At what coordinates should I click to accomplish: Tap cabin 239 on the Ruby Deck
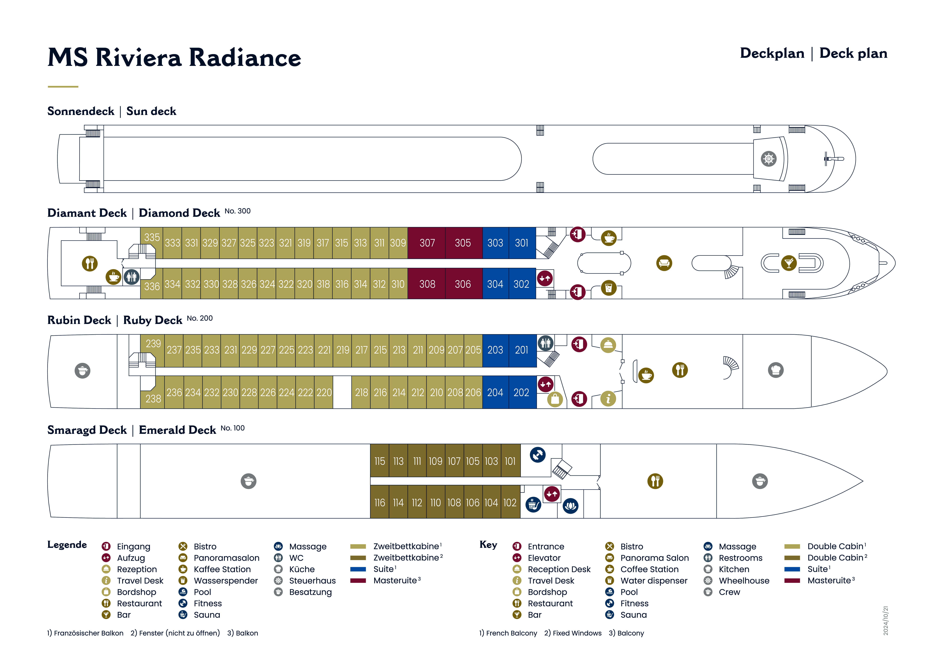153,344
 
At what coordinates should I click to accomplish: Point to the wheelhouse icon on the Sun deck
768,159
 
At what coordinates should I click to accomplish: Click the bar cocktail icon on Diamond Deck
789,263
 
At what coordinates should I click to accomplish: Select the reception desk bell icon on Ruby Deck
608,345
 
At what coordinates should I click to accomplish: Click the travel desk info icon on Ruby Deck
608,399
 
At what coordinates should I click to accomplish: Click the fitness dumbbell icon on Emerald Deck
538,454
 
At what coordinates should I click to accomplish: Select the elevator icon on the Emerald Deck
552,494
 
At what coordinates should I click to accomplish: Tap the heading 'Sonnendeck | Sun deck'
112,111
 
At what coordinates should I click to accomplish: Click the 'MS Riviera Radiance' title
174,57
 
